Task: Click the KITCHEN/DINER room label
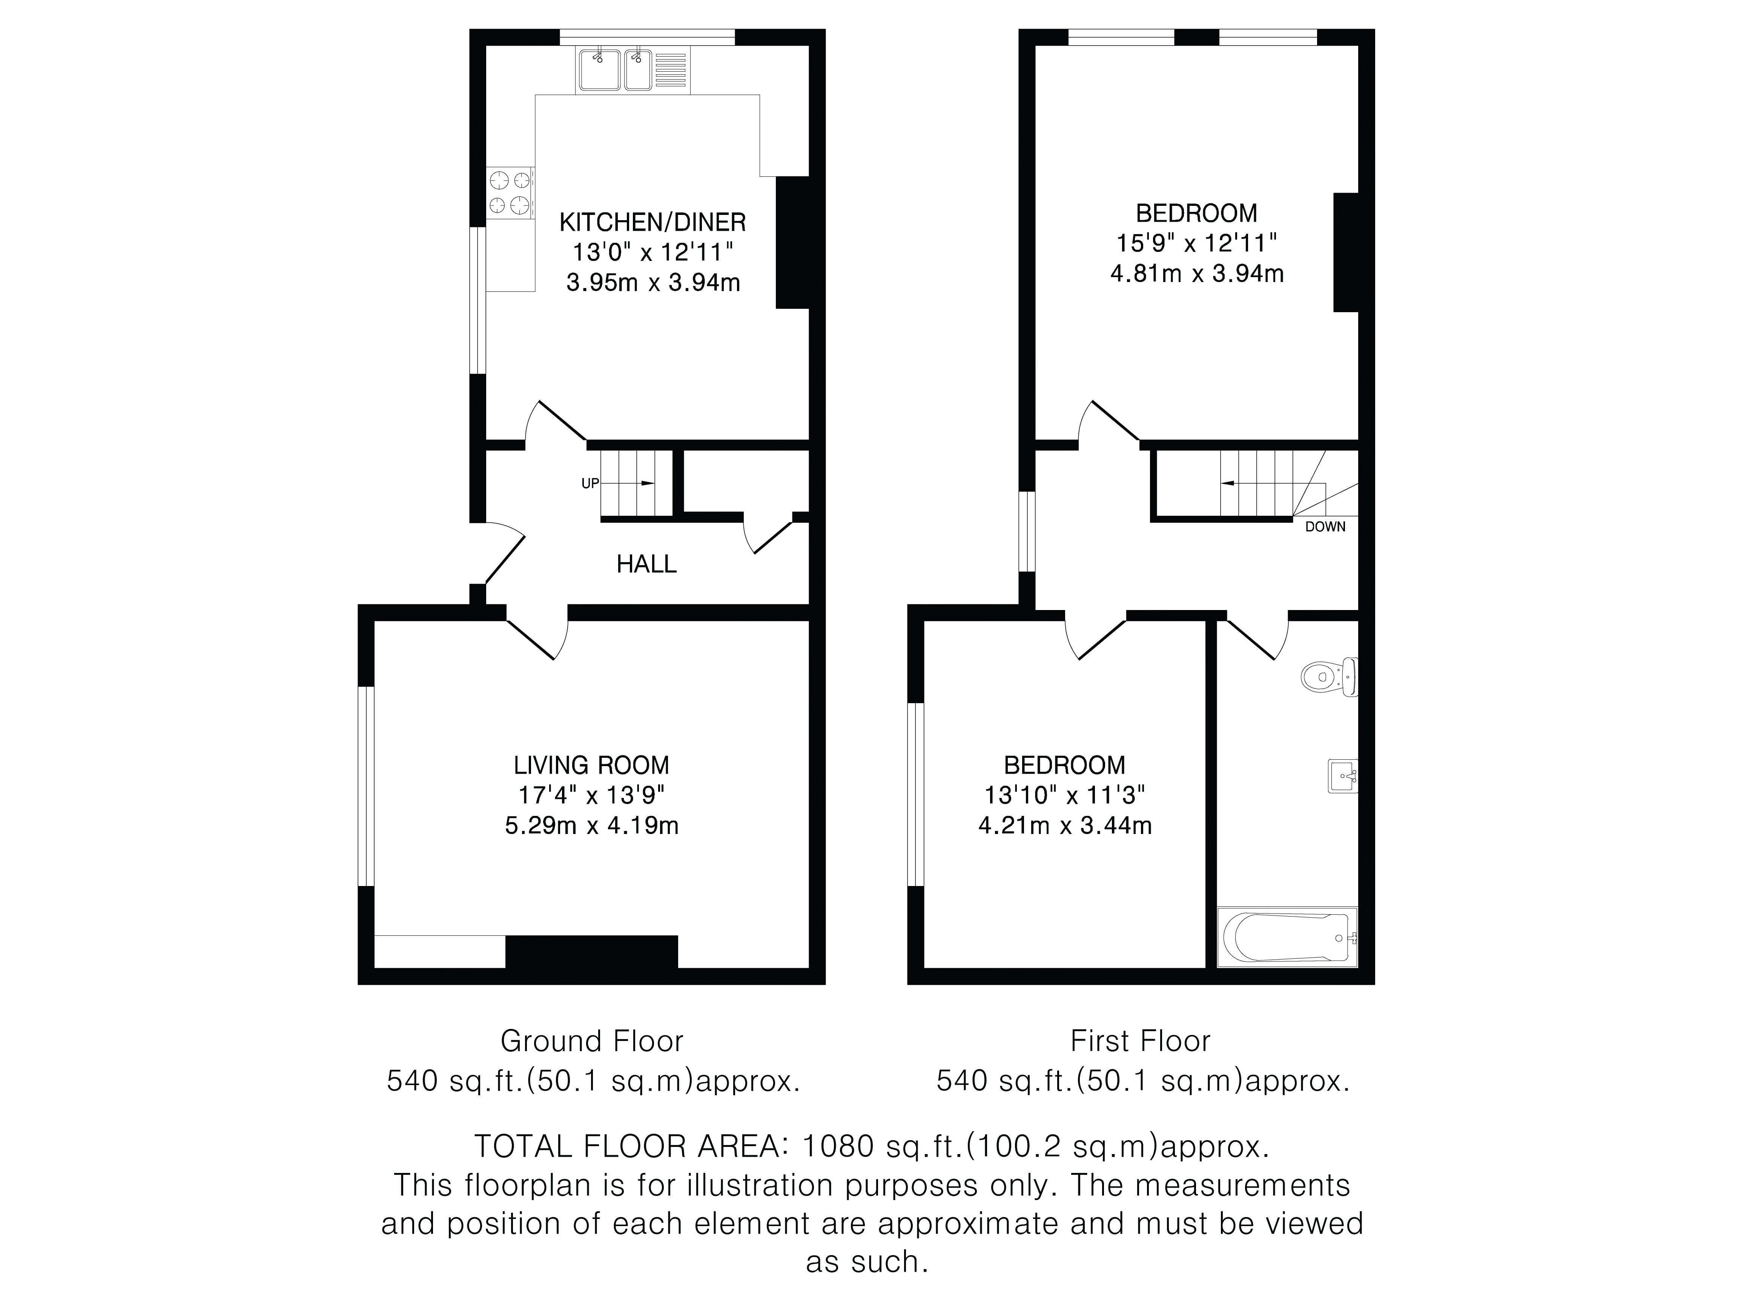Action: [652, 222]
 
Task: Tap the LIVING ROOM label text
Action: [592, 765]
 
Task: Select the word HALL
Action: [646, 564]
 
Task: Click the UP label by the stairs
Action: [590, 484]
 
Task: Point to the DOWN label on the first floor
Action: [1325, 527]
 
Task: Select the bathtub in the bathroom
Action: [1287, 937]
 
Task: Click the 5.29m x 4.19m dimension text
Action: [592, 825]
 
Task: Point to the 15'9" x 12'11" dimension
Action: [1197, 244]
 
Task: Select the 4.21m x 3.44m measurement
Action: [1065, 825]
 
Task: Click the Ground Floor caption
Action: [592, 1041]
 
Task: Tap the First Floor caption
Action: [1140, 1041]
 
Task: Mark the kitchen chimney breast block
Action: [792, 242]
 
